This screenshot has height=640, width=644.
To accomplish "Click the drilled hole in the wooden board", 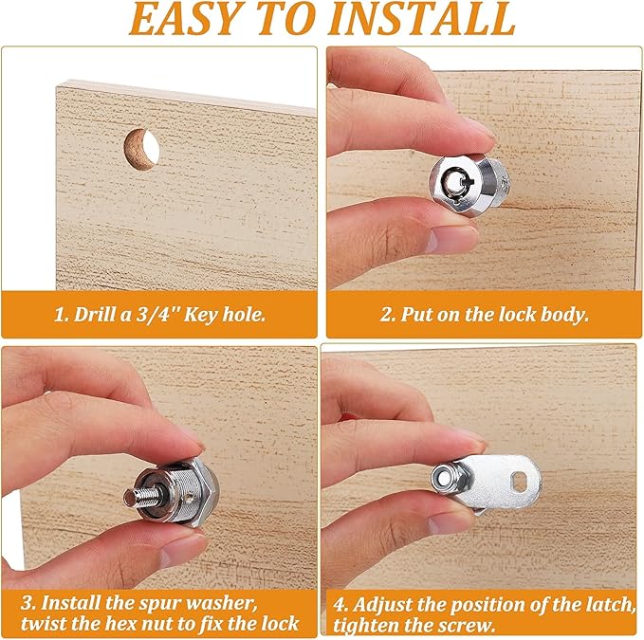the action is (x=141, y=148).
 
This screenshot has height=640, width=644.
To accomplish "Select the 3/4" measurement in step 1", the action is (x=157, y=315).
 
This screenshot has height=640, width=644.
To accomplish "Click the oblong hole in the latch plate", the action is (x=520, y=481).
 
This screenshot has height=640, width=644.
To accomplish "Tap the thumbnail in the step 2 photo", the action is (x=449, y=239).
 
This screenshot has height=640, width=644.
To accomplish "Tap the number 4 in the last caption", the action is (x=340, y=605).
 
